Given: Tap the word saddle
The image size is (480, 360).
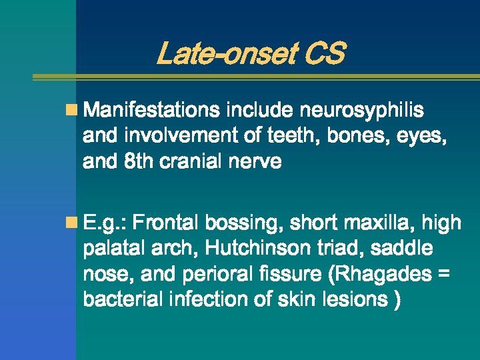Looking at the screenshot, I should pos(404,248).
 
